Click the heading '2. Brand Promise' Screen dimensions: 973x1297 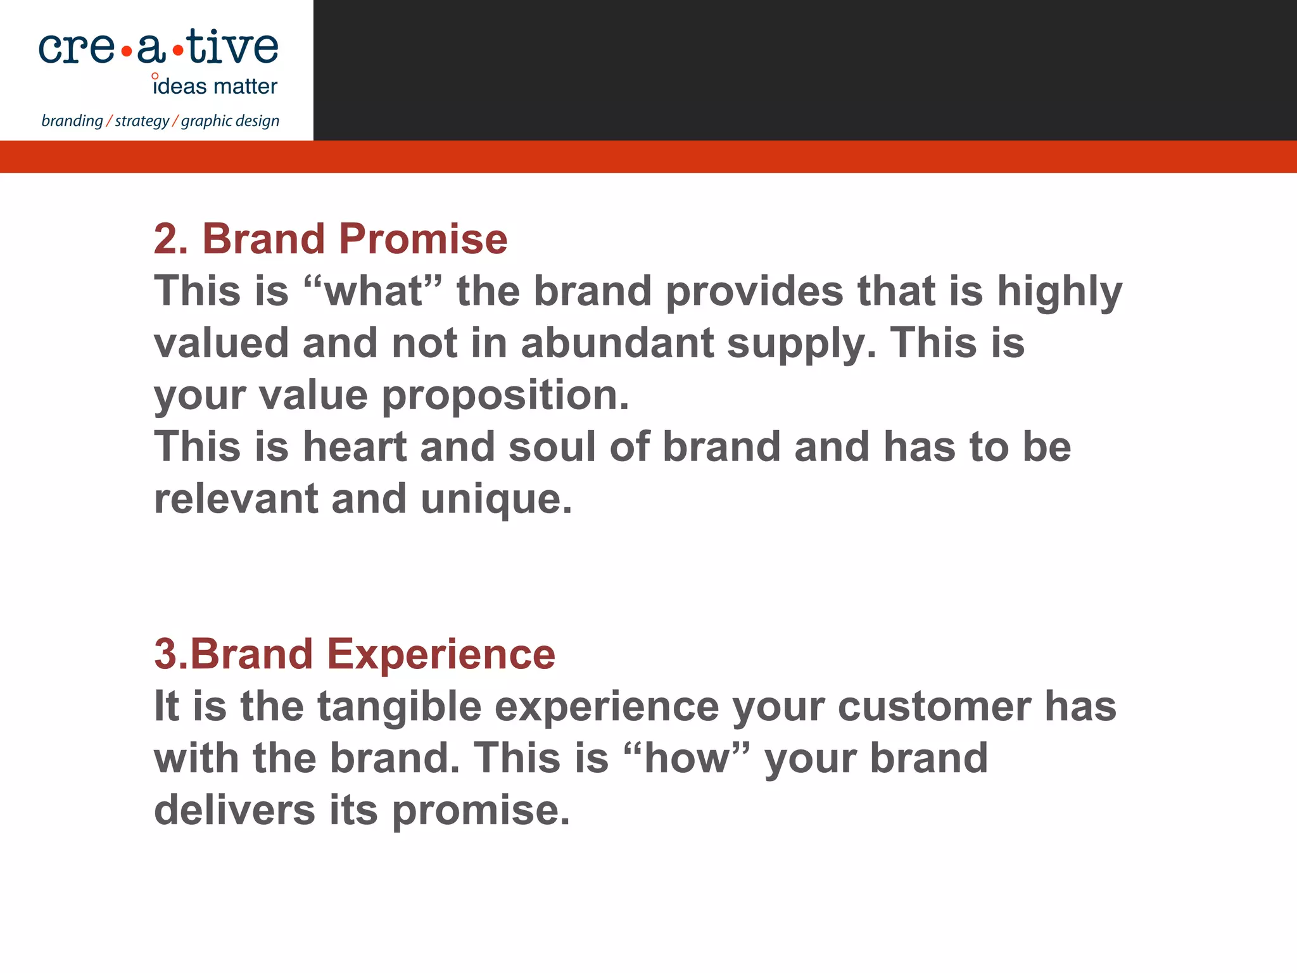click(x=330, y=239)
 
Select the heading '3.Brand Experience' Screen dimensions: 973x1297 click(x=355, y=654)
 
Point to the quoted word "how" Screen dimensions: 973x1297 click(x=687, y=758)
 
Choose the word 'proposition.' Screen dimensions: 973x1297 click(x=505, y=396)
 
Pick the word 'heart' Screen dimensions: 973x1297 click(x=355, y=447)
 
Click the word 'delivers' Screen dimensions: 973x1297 click(x=234, y=810)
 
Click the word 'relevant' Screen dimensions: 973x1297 click(x=236, y=499)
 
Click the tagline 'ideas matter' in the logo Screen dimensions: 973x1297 click(x=215, y=86)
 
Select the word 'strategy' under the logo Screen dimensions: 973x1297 click(x=142, y=121)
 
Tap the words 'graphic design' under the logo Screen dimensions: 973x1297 click(x=230, y=121)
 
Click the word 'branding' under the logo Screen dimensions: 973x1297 click(x=72, y=121)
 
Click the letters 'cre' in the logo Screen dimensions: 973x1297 click(x=77, y=49)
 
